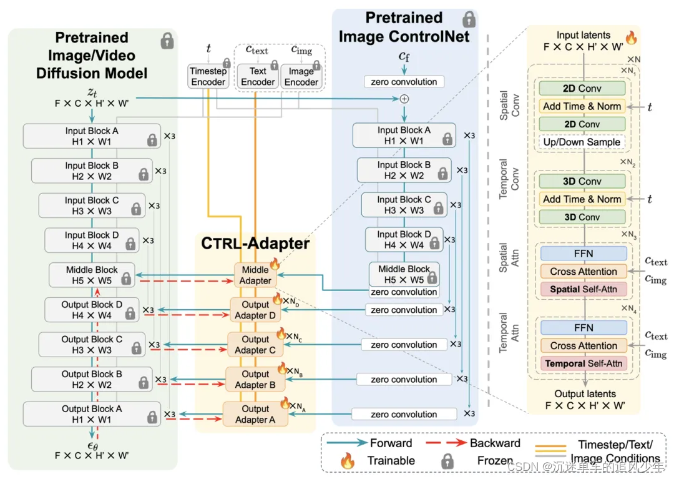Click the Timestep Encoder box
208,77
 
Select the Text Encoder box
258,77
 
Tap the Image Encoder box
301,77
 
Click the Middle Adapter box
255,275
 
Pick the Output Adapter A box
255,414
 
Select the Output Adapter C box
255,345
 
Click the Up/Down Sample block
582,142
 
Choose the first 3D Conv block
582,181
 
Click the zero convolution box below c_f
404,82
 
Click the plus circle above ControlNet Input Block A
404,99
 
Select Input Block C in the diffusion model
92,205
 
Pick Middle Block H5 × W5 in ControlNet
404,274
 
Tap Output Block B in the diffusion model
92,379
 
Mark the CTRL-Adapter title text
255,243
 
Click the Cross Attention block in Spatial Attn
584,272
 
